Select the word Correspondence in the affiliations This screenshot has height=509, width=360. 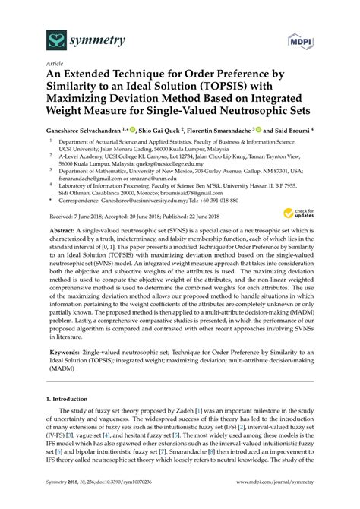click(79, 201)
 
